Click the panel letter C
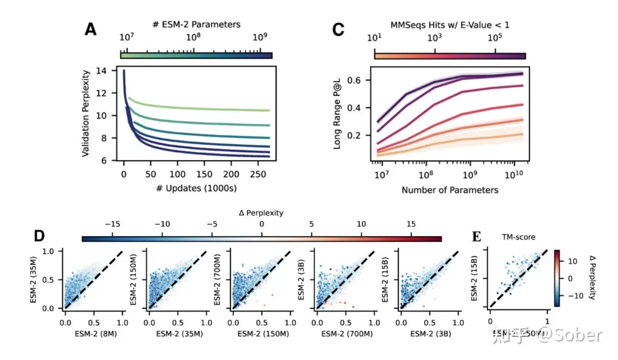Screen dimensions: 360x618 (339, 29)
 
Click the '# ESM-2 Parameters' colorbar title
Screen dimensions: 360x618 (196, 24)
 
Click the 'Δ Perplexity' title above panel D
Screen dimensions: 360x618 (261, 214)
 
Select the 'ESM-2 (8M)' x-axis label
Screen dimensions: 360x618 (94, 334)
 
